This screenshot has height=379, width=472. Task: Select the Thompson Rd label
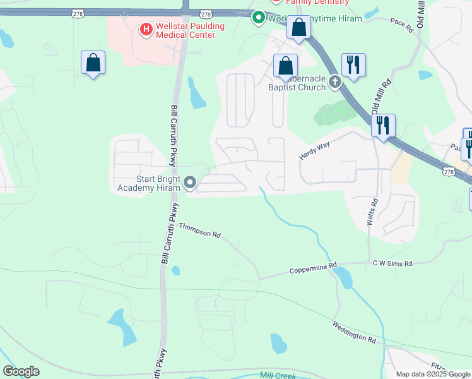(199, 230)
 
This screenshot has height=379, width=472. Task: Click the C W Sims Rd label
(392, 263)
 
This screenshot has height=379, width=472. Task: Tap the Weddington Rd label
(354, 332)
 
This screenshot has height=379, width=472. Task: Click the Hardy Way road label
(315, 150)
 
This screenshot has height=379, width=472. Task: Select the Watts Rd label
(372, 212)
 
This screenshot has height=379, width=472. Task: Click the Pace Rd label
(401, 25)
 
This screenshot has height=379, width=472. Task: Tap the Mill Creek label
(278, 375)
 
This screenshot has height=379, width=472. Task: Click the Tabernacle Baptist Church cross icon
(334, 81)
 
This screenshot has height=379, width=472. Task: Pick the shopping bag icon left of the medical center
(93, 63)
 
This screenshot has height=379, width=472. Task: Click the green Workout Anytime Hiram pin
(257, 18)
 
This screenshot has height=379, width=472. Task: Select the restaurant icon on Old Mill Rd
(382, 125)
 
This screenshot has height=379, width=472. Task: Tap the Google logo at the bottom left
(21, 371)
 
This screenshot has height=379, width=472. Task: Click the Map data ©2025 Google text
(433, 374)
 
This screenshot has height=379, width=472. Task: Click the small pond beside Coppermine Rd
(343, 277)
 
